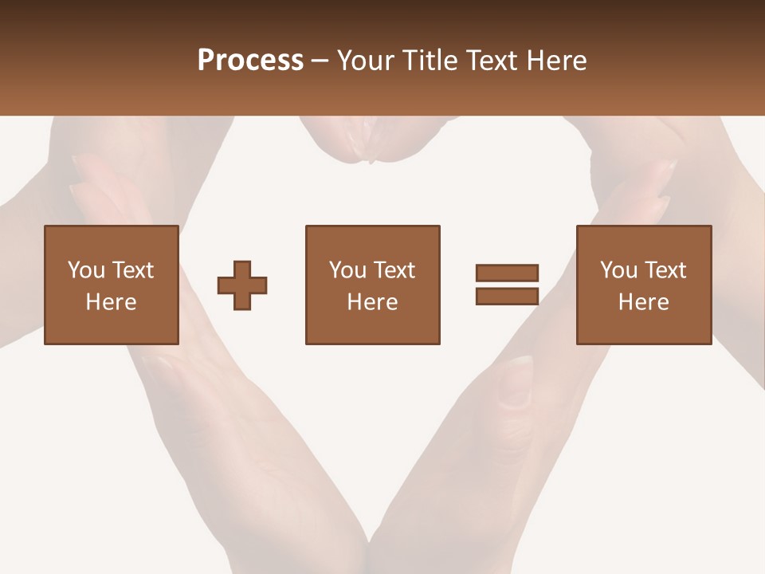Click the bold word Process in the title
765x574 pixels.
pos(250,61)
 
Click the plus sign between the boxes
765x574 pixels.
pos(242,285)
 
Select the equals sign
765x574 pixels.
pos(507,285)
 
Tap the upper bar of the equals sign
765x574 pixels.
pos(507,273)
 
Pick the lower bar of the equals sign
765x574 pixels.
pos(507,296)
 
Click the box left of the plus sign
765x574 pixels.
pos(112,285)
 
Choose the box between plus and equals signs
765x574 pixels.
pos(372,285)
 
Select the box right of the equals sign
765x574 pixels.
pos(643,285)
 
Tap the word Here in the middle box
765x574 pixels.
pos(372,301)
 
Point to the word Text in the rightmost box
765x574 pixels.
pos(665,270)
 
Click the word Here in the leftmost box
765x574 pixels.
pos(112,301)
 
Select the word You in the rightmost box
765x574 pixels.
pos(618,270)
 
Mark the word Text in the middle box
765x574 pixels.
pos(394,270)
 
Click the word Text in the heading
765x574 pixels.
pos(492,61)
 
